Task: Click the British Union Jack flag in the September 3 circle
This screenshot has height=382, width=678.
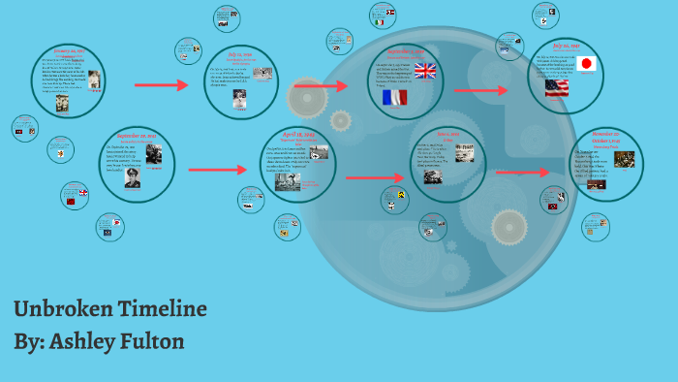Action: [x=425, y=70]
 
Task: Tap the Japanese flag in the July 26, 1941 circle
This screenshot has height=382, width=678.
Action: [x=585, y=64]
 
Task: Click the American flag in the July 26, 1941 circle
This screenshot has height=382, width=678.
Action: [x=557, y=88]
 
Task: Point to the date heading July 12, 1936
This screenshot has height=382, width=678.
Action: [x=240, y=55]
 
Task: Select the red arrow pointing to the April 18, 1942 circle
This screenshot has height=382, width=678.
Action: [x=217, y=170]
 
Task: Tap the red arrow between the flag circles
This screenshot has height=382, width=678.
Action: [x=480, y=91]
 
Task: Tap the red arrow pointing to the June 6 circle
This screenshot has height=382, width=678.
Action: [x=373, y=177]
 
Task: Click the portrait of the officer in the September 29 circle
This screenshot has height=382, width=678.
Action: [x=131, y=177]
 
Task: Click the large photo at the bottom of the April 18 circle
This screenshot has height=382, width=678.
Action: [x=288, y=181]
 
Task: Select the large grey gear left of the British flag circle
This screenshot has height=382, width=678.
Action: [x=307, y=98]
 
